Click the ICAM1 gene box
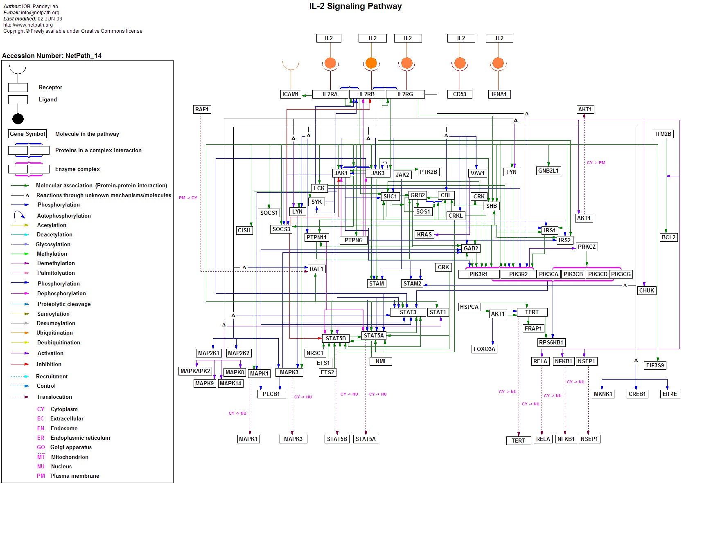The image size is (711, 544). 291,94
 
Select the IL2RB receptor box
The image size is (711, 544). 367,94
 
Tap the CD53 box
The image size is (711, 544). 460,94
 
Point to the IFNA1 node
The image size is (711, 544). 499,94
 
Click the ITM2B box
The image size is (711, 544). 663,134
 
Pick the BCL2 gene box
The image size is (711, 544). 669,237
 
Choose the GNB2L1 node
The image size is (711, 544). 548,171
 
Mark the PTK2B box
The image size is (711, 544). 429,172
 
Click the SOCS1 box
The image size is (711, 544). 269,213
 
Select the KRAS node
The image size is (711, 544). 424,234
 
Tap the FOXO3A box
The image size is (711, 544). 484,349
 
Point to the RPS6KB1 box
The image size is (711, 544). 551,342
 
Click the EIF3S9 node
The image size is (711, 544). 655,365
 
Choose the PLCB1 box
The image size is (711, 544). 271,394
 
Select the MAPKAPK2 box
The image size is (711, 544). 195,371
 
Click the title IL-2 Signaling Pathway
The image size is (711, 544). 355,6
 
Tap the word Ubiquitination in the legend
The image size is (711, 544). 54,333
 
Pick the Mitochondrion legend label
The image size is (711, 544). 70,457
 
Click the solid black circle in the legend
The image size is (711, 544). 18,119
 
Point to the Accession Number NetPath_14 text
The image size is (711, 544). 52,56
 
